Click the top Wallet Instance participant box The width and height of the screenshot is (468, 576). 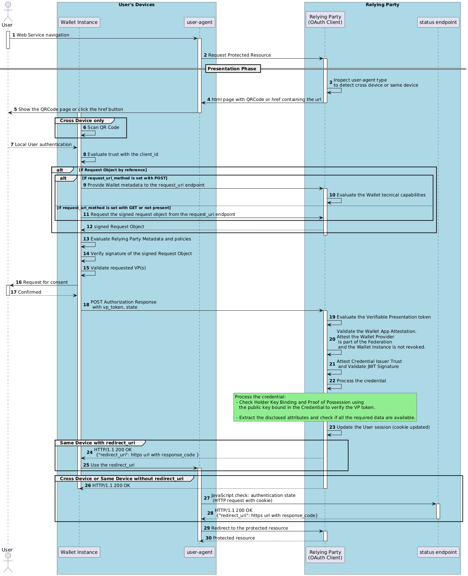click(79, 22)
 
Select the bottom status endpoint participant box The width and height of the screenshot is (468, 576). click(438, 552)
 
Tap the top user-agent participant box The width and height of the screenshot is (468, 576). click(200, 22)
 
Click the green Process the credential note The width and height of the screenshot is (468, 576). click(325, 407)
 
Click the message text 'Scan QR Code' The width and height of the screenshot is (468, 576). click(103, 128)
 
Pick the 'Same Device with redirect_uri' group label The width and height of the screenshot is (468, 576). click(97, 443)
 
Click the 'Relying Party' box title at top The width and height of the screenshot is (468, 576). click(382, 5)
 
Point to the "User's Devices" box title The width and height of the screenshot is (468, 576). click(136, 5)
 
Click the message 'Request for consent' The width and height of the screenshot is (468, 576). click(45, 282)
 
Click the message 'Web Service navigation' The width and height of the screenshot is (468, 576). click(43, 35)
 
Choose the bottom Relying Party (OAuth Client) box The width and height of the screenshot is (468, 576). click(325, 555)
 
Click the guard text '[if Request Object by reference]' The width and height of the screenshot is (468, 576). click(113, 170)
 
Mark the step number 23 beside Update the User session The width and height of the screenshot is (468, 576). click(332, 427)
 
